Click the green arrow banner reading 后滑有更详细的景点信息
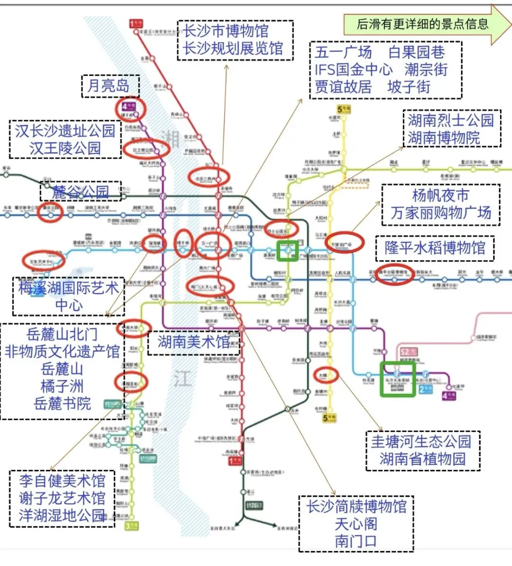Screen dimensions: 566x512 tap(422, 24)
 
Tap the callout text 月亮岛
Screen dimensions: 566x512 tap(109, 86)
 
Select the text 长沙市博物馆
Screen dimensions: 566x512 tap(226, 31)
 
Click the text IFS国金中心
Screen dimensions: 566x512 tap(353, 70)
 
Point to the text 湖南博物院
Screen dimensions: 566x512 tap(444, 138)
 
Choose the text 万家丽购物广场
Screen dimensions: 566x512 tap(440, 213)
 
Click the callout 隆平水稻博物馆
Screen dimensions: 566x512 tap(435, 248)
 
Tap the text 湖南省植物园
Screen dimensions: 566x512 tap(422, 459)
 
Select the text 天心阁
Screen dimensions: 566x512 tap(356, 524)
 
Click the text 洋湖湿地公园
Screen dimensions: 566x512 tap(62, 515)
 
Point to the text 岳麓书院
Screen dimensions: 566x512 tap(62, 404)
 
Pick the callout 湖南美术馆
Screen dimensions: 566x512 tap(193, 341)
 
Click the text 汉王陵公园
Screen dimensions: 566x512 tap(65, 148)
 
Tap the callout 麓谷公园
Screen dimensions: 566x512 tap(80, 192)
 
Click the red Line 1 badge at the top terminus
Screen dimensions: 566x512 tap(136, 23)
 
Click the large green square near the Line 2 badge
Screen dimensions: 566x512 tap(397, 379)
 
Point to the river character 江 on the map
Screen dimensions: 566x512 tap(182, 379)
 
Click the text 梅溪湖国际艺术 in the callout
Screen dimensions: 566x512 tap(68, 287)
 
